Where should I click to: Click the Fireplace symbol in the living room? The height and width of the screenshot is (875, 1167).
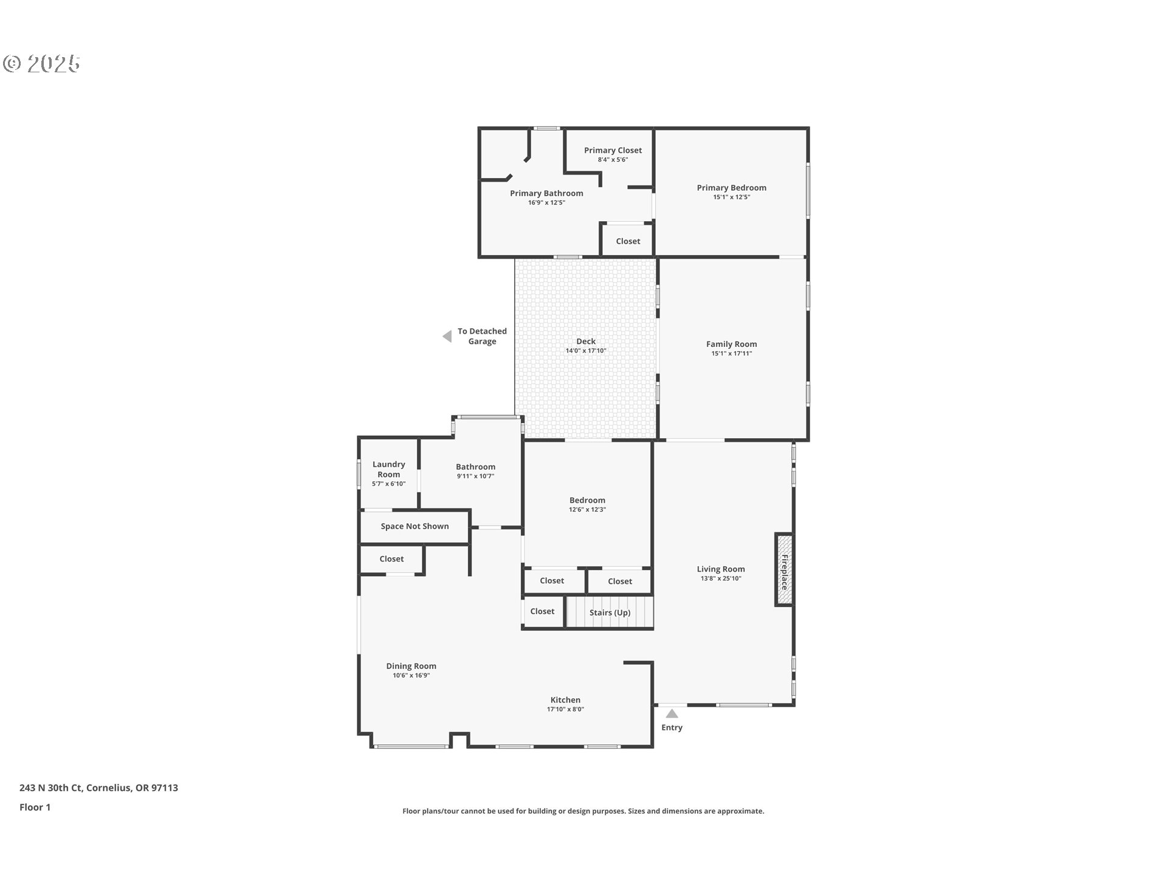pyautogui.click(x=784, y=570)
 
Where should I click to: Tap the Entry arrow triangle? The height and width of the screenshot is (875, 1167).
pyautogui.click(x=672, y=713)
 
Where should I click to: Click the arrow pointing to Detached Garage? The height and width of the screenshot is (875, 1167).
pyautogui.click(x=447, y=336)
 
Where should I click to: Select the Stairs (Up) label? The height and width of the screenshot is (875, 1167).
pyautogui.click(x=610, y=612)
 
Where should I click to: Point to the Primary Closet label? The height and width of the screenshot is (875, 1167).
pyautogui.click(x=613, y=150)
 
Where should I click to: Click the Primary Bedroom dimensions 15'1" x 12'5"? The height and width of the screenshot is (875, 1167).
pyautogui.click(x=731, y=197)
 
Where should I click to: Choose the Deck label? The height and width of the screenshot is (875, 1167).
pyautogui.click(x=586, y=341)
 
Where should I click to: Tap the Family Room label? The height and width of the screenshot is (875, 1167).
pyautogui.click(x=731, y=344)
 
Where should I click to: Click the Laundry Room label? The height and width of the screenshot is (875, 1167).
pyautogui.click(x=388, y=469)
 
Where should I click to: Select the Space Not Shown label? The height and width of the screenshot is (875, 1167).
pyautogui.click(x=415, y=526)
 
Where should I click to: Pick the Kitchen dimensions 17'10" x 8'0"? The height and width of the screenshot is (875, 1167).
pyautogui.click(x=565, y=709)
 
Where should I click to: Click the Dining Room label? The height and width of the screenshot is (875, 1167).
pyautogui.click(x=411, y=666)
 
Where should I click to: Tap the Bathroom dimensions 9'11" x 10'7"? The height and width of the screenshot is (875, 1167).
pyautogui.click(x=475, y=476)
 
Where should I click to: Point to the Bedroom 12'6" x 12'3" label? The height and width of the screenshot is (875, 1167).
pyautogui.click(x=587, y=500)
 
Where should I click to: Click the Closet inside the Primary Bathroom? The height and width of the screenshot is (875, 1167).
pyautogui.click(x=628, y=241)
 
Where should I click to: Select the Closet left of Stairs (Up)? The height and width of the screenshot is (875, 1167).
pyautogui.click(x=542, y=611)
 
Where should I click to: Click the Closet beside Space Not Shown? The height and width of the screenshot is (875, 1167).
pyautogui.click(x=391, y=559)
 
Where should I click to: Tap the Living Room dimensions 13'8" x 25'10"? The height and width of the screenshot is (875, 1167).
pyautogui.click(x=720, y=578)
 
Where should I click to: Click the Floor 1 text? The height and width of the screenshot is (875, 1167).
pyautogui.click(x=35, y=807)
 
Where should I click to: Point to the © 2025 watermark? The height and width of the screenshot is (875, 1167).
pyautogui.click(x=41, y=63)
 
